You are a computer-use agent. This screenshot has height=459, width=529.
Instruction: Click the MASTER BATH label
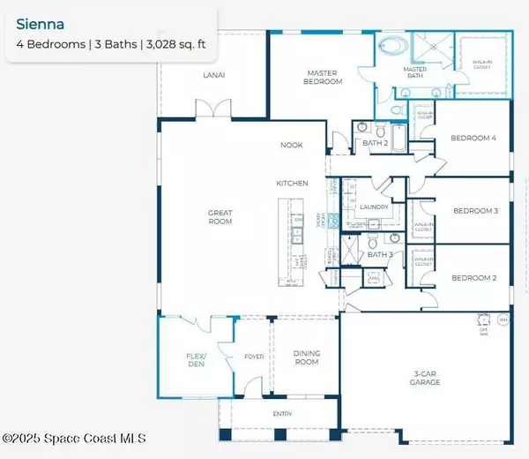tap(415, 73)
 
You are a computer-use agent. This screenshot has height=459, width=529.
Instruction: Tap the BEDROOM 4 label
tap(473, 139)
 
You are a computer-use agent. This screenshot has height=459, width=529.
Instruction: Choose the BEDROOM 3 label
tap(475, 210)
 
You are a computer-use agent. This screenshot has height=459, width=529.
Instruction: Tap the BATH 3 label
tap(380, 255)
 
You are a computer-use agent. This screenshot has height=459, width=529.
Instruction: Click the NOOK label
tap(292, 145)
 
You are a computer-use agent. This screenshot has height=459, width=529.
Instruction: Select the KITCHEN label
tap(292, 184)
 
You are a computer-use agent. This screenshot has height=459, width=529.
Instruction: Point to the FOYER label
tap(253, 358)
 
